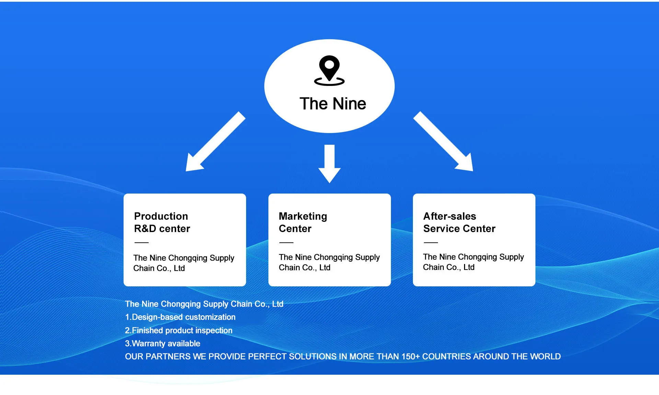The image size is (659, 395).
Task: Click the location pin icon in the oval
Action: click(x=329, y=70)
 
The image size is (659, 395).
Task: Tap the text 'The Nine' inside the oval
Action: click(x=333, y=103)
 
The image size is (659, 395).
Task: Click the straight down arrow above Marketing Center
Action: click(x=329, y=163)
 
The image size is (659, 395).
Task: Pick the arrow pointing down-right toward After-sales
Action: click(x=445, y=143)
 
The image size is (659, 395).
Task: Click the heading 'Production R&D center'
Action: click(x=162, y=222)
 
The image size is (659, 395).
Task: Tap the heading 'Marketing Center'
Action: click(x=303, y=222)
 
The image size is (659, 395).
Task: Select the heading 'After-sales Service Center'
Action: click(x=459, y=222)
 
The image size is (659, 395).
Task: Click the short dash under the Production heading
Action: click(x=141, y=243)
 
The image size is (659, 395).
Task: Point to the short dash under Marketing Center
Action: click(x=286, y=243)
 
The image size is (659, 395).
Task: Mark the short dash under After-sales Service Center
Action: click(x=431, y=243)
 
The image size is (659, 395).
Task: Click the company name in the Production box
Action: click(x=184, y=263)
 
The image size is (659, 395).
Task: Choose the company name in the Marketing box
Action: click(x=329, y=262)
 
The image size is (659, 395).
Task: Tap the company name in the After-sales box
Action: click(x=473, y=262)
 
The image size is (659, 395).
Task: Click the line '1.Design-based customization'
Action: click(x=180, y=317)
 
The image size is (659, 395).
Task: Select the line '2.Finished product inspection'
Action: click(x=178, y=330)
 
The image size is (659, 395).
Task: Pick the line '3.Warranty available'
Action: click(x=162, y=343)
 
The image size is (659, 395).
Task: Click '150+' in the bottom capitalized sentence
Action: click(x=411, y=356)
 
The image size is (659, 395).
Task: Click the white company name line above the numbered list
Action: click(x=204, y=304)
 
